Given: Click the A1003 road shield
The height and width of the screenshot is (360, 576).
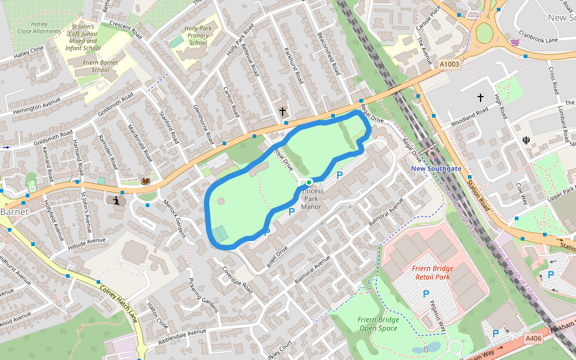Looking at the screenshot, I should pos(449,64).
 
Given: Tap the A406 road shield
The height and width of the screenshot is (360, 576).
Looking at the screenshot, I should pos(533,338).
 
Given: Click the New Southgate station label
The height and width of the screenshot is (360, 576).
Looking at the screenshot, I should pos(436,169).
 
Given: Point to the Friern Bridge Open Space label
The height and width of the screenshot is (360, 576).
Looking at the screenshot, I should pos(378,323).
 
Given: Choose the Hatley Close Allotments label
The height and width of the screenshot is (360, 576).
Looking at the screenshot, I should pos(39,27).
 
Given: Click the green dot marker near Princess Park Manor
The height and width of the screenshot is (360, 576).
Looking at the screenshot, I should pos(309,182).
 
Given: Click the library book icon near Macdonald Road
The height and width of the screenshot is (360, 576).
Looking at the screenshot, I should pos(145,181).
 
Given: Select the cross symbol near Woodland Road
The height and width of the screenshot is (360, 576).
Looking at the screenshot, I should pos(480,97).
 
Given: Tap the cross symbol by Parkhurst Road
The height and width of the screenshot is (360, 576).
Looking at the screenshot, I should pos(283,111).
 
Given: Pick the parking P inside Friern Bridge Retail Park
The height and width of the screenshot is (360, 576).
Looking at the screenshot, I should pos(426,294).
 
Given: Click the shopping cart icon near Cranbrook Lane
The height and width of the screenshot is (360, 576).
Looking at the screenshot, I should pos(515,42).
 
